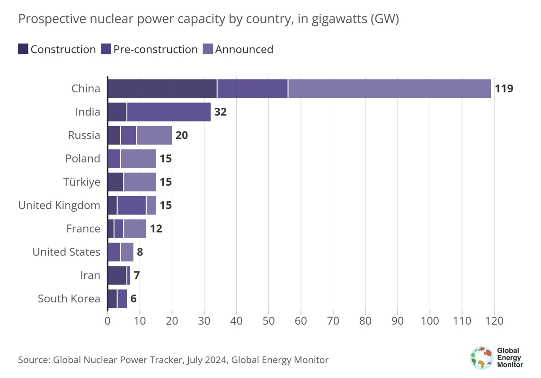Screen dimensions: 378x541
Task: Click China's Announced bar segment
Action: pyautogui.click(x=390, y=88)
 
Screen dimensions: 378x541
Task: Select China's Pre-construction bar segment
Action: pyautogui.click(x=252, y=88)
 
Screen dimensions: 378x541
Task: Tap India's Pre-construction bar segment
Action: pyautogui.click(x=169, y=112)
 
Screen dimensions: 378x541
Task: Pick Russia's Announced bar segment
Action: pyautogui.click(x=154, y=135)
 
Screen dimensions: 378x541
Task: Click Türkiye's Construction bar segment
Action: pyautogui.click(x=115, y=182)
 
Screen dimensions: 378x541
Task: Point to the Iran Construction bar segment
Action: pyautogui.click(x=117, y=275)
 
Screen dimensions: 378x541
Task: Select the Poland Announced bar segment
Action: pyautogui.click(x=138, y=159)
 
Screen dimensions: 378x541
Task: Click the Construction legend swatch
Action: pyautogui.click(x=23, y=49)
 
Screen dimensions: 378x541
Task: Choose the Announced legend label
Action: pyautogui.click(x=244, y=49)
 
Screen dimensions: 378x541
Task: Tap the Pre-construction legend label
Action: pyautogui.click(x=156, y=49)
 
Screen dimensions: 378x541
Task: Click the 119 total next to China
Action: pyautogui.click(x=504, y=89)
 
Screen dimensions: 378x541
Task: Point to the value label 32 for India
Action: pyautogui.click(x=220, y=112)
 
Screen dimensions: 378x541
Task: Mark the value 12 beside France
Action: pyautogui.click(x=156, y=229)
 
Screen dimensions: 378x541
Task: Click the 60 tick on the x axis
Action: pyautogui.click(x=301, y=320)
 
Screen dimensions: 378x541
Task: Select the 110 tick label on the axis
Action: pyautogui.click(x=462, y=320)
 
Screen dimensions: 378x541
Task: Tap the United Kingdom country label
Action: pyautogui.click(x=59, y=206)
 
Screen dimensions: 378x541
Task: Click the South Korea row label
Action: pyautogui.click(x=69, y=299)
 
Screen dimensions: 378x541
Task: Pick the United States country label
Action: pyautogui.click(x=66, y=252)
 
